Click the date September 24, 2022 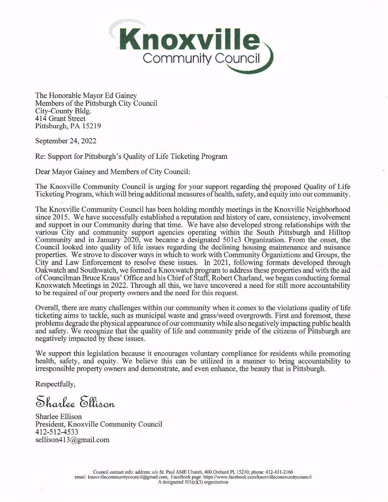(x=66, y=141)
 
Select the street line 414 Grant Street (x=60, y=118)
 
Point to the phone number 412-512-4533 (x=57, y=432)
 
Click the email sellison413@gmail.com (x=72, y=440)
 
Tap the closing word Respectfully (x=55, y=384)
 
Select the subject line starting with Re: (x=131, y=156)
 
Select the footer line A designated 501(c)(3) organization (x=193, y=482)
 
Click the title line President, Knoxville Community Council (x=98, y=424)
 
